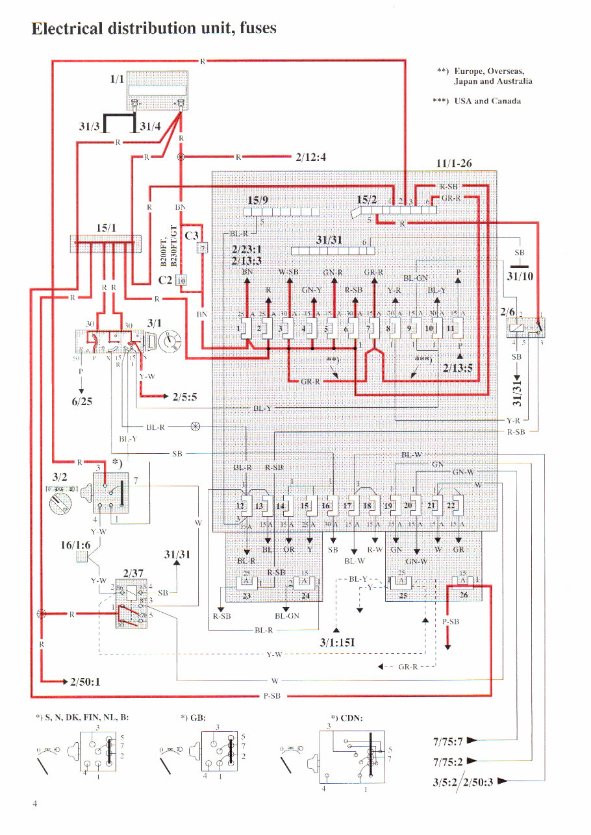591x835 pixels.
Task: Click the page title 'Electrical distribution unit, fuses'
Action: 154,29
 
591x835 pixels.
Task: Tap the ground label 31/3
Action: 89,127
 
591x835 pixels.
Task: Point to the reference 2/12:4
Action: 310,157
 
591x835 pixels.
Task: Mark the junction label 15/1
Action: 106,228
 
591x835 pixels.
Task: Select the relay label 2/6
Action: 507,312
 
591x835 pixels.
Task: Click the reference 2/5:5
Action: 186,395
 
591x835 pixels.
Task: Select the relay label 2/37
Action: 125,573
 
